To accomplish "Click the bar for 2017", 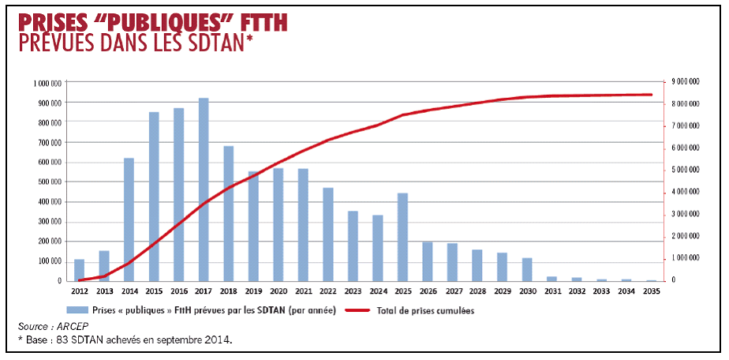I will (204, 189).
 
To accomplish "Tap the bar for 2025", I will (402, 237).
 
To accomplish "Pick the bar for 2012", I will (79, 270).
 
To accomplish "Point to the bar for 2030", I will (527, 269).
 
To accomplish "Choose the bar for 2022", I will (327, 234).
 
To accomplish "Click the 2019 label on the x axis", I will (253, 291).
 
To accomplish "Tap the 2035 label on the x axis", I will (651, 291).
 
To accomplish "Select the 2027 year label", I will (452, 291).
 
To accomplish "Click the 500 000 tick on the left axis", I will (50, 182).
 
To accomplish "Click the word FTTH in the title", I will (258, 21).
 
